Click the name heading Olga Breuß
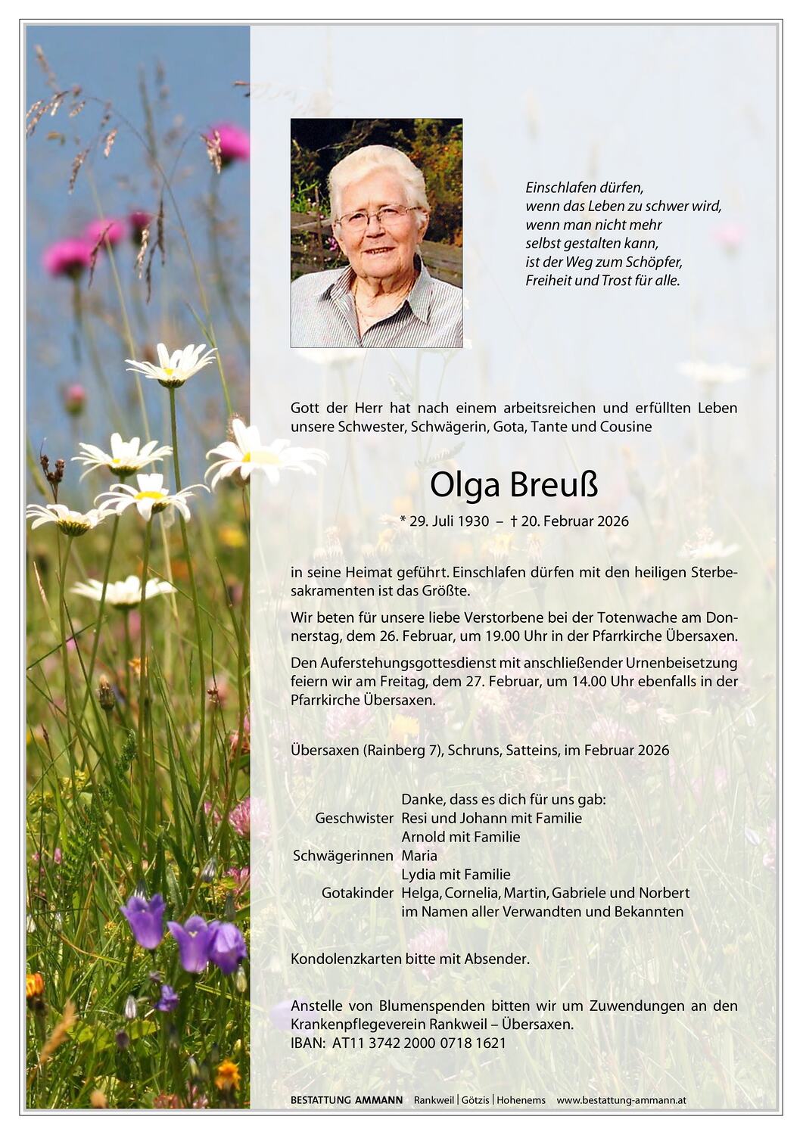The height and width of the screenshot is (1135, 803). click(514, 486)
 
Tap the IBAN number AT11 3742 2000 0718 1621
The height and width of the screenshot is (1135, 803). click(419, 1043)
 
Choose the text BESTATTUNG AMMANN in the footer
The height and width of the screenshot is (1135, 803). click(346, 1100)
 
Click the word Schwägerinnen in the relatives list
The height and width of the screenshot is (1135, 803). click(343, 856)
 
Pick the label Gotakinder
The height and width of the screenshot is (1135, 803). click(357, 893)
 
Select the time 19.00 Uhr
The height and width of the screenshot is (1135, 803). click(499, 636)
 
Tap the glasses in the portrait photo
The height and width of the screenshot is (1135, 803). click(376, 217)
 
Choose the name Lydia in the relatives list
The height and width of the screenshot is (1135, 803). click(419, 875)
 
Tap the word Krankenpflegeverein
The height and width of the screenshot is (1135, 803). click(351, 1025)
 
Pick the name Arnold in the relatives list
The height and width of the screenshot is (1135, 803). click(423, 837)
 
